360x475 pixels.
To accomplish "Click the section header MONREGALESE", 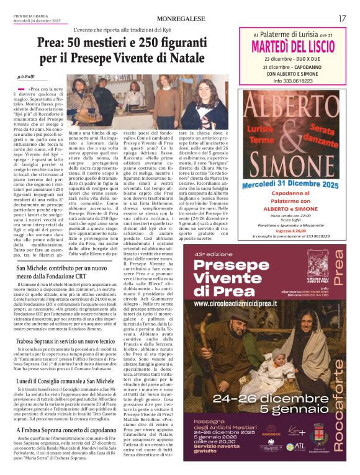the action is (x=180, y=19).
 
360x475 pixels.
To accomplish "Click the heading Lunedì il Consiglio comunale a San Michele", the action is (x=66, y=381).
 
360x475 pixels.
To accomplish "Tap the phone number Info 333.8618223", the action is (x=294, y=81).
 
